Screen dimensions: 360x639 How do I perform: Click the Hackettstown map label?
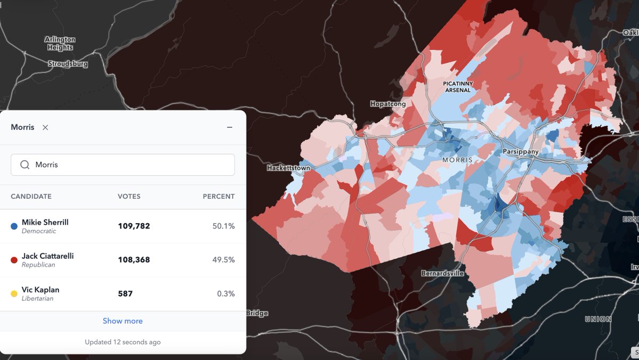click(x=288, y=168)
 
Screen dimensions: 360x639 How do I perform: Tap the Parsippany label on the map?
click(x=520, y=152)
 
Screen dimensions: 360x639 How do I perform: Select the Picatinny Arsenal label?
click(x=457, y=87)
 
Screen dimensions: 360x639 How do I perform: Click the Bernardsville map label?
click(x=442, y=273)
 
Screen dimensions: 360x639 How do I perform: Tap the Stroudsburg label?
click(x=68, y=63)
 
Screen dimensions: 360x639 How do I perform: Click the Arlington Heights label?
click(x=60, y=43)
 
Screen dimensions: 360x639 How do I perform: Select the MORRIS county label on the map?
click(x=457, y=160)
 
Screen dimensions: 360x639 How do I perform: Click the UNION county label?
click(x=598, y=319)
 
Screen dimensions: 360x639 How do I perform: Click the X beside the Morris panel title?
click(x=45, y=127)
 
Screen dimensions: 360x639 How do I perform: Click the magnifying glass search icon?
click(x=24, y=165)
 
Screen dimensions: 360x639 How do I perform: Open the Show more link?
click(x=122, y=321)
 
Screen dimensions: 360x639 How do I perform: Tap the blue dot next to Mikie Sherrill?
click(x=14, y=226)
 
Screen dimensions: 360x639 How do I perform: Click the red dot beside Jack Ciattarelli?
click(x=14, y=260)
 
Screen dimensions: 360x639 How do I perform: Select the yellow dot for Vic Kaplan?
click(x=14, y=293)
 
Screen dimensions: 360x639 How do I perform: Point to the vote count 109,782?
click(x=134, y=226)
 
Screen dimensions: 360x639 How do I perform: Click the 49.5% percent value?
click(x=223, y=260)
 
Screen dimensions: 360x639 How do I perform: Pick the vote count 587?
click(x=125, y=293)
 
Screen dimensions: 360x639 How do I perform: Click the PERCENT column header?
click(x=218, y=197)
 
